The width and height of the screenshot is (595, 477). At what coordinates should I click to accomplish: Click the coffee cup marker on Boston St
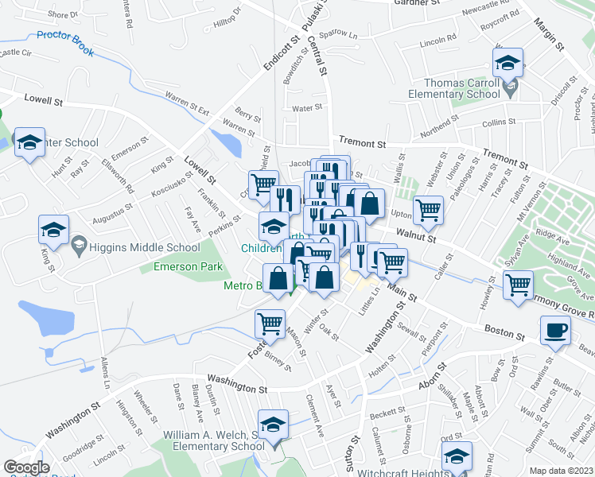[x=555, y=329]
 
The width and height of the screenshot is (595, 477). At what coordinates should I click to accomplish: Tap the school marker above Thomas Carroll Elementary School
[x=507, y=63]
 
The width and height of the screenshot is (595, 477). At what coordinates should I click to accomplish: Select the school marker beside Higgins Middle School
[x=54, y=230]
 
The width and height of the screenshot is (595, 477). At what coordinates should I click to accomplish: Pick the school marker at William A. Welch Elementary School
[x=272, y=424]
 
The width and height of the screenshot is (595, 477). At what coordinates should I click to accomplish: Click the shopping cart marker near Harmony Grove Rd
[x=519, y=283]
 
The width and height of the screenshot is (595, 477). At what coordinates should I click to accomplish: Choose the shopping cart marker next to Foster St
[x=270, y=323]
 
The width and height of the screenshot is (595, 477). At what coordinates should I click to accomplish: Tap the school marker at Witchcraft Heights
[x=457, y=456]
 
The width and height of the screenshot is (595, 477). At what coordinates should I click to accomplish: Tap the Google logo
[x=26, y=467]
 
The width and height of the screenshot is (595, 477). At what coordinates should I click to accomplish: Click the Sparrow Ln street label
[x=338, y=37]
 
